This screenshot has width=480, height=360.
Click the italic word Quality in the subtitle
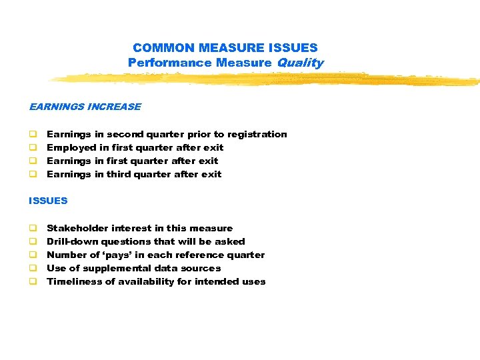300,63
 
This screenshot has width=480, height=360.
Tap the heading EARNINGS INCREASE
85,107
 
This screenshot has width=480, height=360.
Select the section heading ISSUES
48,201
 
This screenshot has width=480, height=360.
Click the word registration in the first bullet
257,135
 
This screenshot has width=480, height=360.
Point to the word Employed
71,148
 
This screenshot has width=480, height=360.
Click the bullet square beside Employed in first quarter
32,148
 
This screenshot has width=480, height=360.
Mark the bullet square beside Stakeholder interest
32,229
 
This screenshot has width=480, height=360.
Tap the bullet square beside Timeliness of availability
32,282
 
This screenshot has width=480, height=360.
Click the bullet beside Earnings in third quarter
32,175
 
